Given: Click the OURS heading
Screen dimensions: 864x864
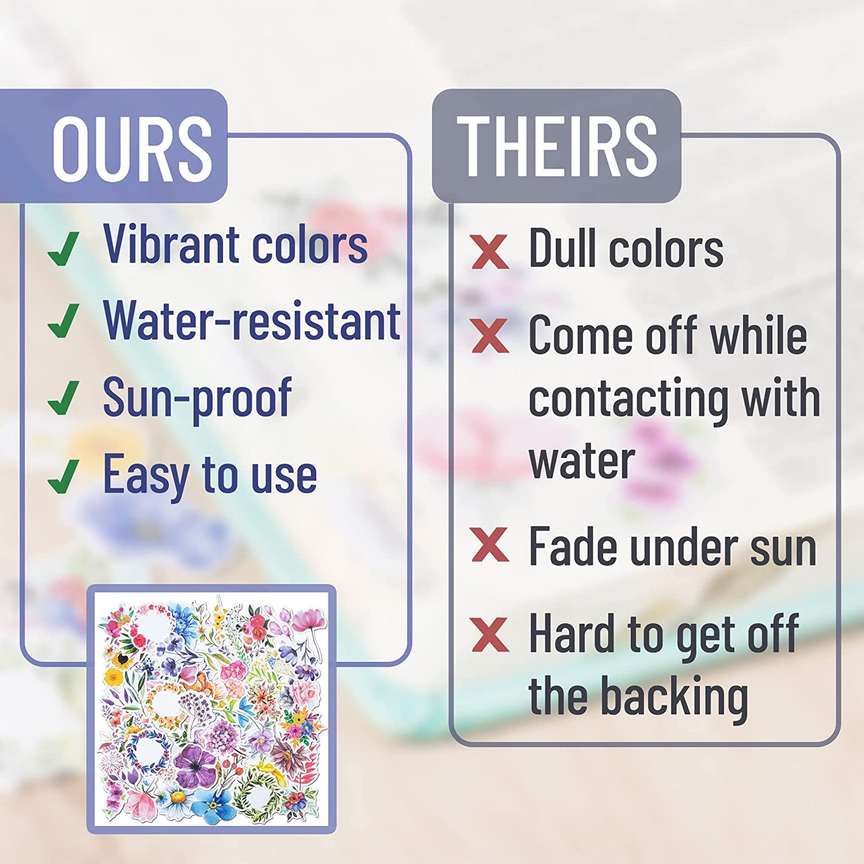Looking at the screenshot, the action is coord(132,147).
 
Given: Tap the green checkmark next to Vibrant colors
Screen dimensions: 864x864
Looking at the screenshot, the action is coord(63,249).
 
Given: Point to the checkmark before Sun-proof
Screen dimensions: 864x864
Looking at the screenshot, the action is coord(63,397).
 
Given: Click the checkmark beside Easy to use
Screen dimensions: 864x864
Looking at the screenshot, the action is coord(63,475).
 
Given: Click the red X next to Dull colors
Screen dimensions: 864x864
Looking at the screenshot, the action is coord(490,252).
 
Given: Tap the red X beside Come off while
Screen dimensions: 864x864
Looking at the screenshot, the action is coord(490,335).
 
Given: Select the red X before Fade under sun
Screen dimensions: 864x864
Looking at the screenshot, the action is coord(490,545).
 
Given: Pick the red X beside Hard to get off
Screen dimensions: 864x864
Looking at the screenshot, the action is coord(490,634).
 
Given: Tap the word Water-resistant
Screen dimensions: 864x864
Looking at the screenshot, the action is coord(252,320).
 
